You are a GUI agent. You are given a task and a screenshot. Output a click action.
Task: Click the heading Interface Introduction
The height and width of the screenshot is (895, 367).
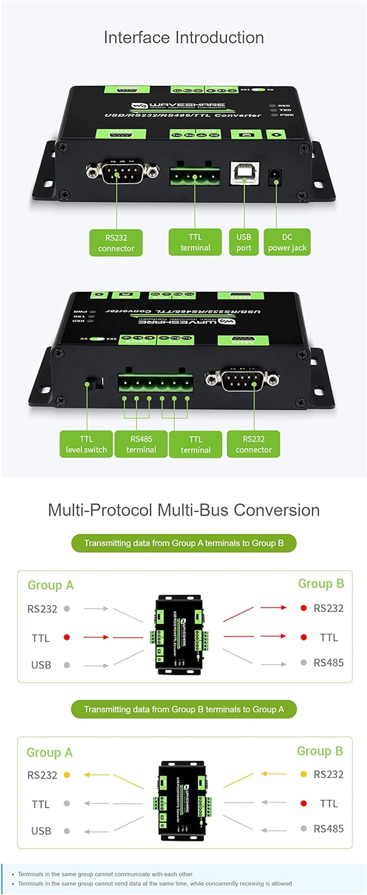[x=183, y=38]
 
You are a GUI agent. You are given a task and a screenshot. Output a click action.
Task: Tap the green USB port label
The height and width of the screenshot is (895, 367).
[x=244, y=242]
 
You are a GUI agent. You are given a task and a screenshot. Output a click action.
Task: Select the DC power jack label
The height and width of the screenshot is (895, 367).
[x=287, y=242]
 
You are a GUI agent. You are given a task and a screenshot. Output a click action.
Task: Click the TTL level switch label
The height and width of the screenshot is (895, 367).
[x=86, y=444]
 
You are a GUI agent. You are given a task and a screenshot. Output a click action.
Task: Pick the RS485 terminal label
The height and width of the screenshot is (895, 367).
[x=141, y=444]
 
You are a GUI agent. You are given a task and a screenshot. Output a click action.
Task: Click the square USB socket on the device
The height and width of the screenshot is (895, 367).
[x=243, y=174]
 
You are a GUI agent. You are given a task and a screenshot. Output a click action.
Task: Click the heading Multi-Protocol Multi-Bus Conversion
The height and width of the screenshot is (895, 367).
[x=183, y=510]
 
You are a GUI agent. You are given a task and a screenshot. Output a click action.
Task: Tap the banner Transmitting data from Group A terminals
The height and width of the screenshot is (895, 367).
[x=183, y=543]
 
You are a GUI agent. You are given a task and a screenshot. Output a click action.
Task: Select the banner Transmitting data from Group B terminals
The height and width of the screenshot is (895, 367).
[x=183, y=709]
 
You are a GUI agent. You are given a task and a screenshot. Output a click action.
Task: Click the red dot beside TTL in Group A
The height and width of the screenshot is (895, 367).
[x=67, y=638]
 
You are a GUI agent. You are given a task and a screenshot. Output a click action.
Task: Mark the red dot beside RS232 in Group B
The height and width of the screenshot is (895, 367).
[x=304, y=608]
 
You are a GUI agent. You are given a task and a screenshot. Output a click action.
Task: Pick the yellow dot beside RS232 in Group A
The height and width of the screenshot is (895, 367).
[x=67, y=775]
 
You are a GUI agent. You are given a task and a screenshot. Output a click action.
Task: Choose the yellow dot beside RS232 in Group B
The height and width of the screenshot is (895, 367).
[x=304, y=774]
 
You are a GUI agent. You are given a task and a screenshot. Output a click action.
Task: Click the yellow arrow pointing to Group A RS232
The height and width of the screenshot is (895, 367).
[x=97, y=775]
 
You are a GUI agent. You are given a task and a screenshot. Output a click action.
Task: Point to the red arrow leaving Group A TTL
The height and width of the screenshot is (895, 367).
[x=97, y=638]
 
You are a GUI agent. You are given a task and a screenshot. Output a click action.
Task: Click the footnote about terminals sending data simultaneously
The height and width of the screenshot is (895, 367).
[x=155, y=884]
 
